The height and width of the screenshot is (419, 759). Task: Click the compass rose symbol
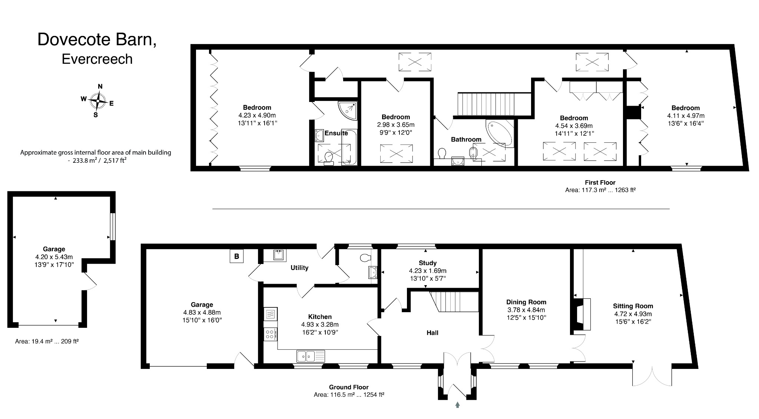pyautogui.click(x=97, y=100)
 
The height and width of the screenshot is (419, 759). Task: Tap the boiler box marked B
pyautogui.click(x=236, y=256)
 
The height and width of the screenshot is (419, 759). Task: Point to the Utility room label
pyautogui.click(x=299, y=268)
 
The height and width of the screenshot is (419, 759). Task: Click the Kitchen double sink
pyautogui.click(x=310, y=356)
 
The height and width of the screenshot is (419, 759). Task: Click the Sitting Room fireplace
pyautogui.click(x=583, y=314)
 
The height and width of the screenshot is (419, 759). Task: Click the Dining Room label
pyautogui.click(x=526, y=302)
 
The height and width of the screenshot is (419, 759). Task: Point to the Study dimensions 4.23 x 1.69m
pyautogui.click(x=427, y=271)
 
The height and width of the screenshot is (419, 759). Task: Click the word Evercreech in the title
pyautogui.click(x=97, y=59)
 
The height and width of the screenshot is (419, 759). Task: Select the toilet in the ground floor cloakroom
pyautogui.click(x=365, y=258)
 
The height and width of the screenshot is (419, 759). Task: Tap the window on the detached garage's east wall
pyautogui.click(x=113, y=227)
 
